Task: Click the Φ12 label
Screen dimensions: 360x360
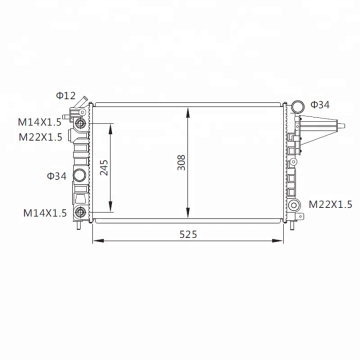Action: [66, 96]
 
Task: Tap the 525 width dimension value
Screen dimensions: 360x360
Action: [188, 234]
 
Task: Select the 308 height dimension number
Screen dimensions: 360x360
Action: [181, 162]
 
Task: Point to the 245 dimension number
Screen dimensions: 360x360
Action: [104, 167]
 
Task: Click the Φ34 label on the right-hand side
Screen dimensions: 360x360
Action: [320, 105]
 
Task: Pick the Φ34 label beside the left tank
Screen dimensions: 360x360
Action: [56, 176]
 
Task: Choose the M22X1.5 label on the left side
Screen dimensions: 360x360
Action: [40, 137]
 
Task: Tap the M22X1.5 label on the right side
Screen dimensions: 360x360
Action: [330, 204]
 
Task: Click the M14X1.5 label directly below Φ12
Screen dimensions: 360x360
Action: [40, 122]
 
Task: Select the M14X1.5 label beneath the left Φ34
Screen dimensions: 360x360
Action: [45, 213]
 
